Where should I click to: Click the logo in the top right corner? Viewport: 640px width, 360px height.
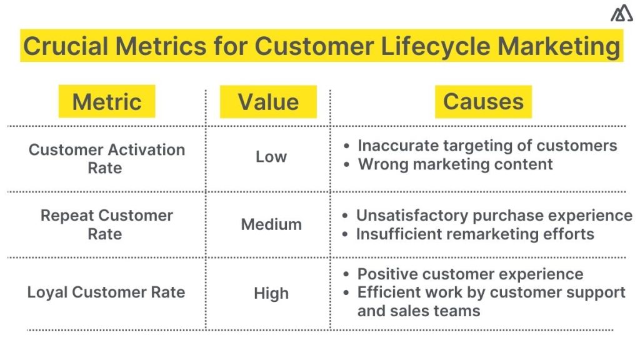coord(621,13)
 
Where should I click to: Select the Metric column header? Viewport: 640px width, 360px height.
coord(106,102)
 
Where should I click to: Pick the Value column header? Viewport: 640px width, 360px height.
coord(268,102)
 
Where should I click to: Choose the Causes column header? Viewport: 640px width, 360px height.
coord(483,102)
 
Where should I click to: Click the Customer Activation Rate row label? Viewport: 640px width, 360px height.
coord(106,159)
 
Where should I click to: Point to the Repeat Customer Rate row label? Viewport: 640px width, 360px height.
coord(106,224)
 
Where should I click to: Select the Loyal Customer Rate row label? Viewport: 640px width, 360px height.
coord(106,292)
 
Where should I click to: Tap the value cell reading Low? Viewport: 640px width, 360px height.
coord(271,157)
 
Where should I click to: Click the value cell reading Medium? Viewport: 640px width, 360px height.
coord(271,224)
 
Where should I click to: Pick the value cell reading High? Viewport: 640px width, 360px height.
coord(271,293)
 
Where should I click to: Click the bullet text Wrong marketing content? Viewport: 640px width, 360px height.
coord(455,164)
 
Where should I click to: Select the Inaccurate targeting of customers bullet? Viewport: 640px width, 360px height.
coord(487,146)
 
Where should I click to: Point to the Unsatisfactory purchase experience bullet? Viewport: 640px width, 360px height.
coord(494,216)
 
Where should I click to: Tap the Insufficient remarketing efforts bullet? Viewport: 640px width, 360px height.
coord(475,234)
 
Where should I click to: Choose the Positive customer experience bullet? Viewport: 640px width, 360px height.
coord(470,274)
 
